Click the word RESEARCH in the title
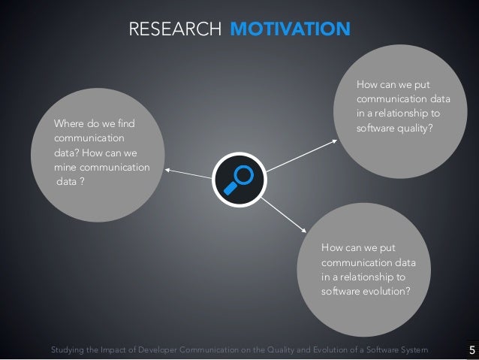[174, 29]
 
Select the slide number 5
[471, 349]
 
